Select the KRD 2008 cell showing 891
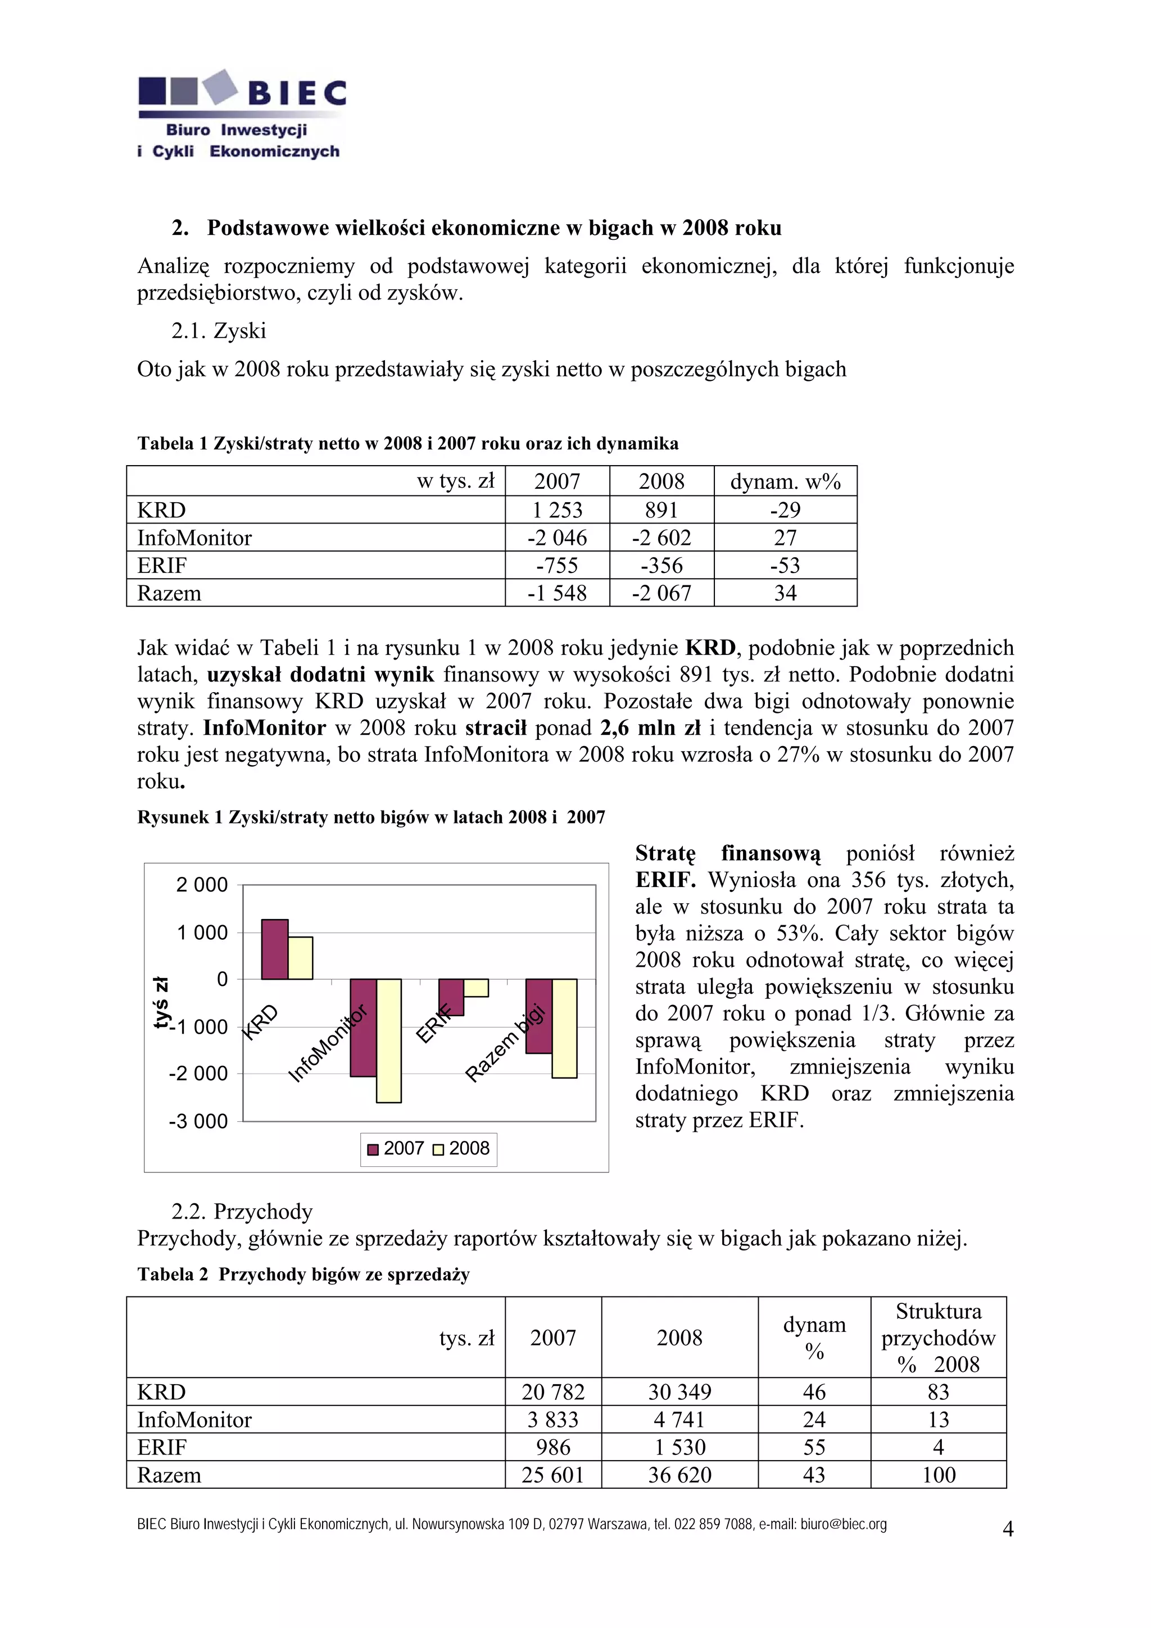pyautogui.click(x=661, y=510)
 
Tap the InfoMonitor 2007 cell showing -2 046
pyautogui.click(x=557, y=538)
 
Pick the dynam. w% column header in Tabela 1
pyautogui.click(x=785, y=481)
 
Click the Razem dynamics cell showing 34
pyautogui.click(x=785, y=593)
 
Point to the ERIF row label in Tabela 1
pyautogui.click(x=162, y=565)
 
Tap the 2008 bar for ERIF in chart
pyautogui.click(x=476, y=988)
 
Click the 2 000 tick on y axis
pyautogui.click(x=202, y=885)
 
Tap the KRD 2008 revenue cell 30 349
pyautogui.click(x=679, y=1392)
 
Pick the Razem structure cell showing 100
pyautogui.click(x=938, y=1475)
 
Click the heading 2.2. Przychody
pyautogui.click(x=242, y=1211)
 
